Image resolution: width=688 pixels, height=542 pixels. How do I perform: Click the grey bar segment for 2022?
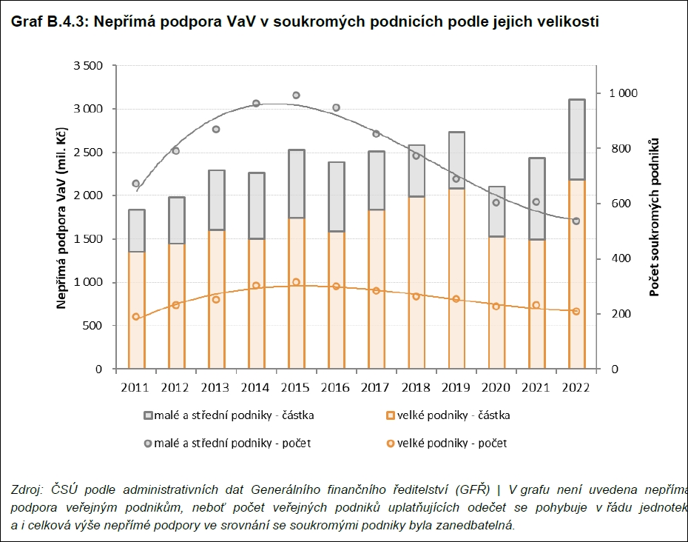576,139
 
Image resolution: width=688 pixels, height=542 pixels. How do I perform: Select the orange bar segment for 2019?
456,278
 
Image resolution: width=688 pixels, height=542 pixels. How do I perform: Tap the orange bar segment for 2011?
136,310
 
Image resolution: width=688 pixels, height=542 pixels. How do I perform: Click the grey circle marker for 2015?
296,96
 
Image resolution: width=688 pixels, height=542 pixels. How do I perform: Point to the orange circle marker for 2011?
136,317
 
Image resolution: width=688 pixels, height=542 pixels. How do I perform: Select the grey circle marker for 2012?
175,151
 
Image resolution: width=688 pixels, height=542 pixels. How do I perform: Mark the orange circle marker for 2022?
576,311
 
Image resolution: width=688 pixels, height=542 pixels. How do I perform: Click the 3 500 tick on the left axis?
88,66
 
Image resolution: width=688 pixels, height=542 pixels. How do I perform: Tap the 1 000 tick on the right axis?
623,93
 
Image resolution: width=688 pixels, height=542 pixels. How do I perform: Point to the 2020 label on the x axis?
496,387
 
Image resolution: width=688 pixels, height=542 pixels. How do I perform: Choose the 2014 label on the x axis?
255,387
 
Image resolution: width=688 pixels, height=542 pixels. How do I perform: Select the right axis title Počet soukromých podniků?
654,217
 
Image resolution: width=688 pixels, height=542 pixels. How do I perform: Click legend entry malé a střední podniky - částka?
235,415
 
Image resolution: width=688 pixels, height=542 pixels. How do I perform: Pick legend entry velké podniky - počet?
452,444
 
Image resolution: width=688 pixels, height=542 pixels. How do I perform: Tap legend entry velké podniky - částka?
453,415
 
